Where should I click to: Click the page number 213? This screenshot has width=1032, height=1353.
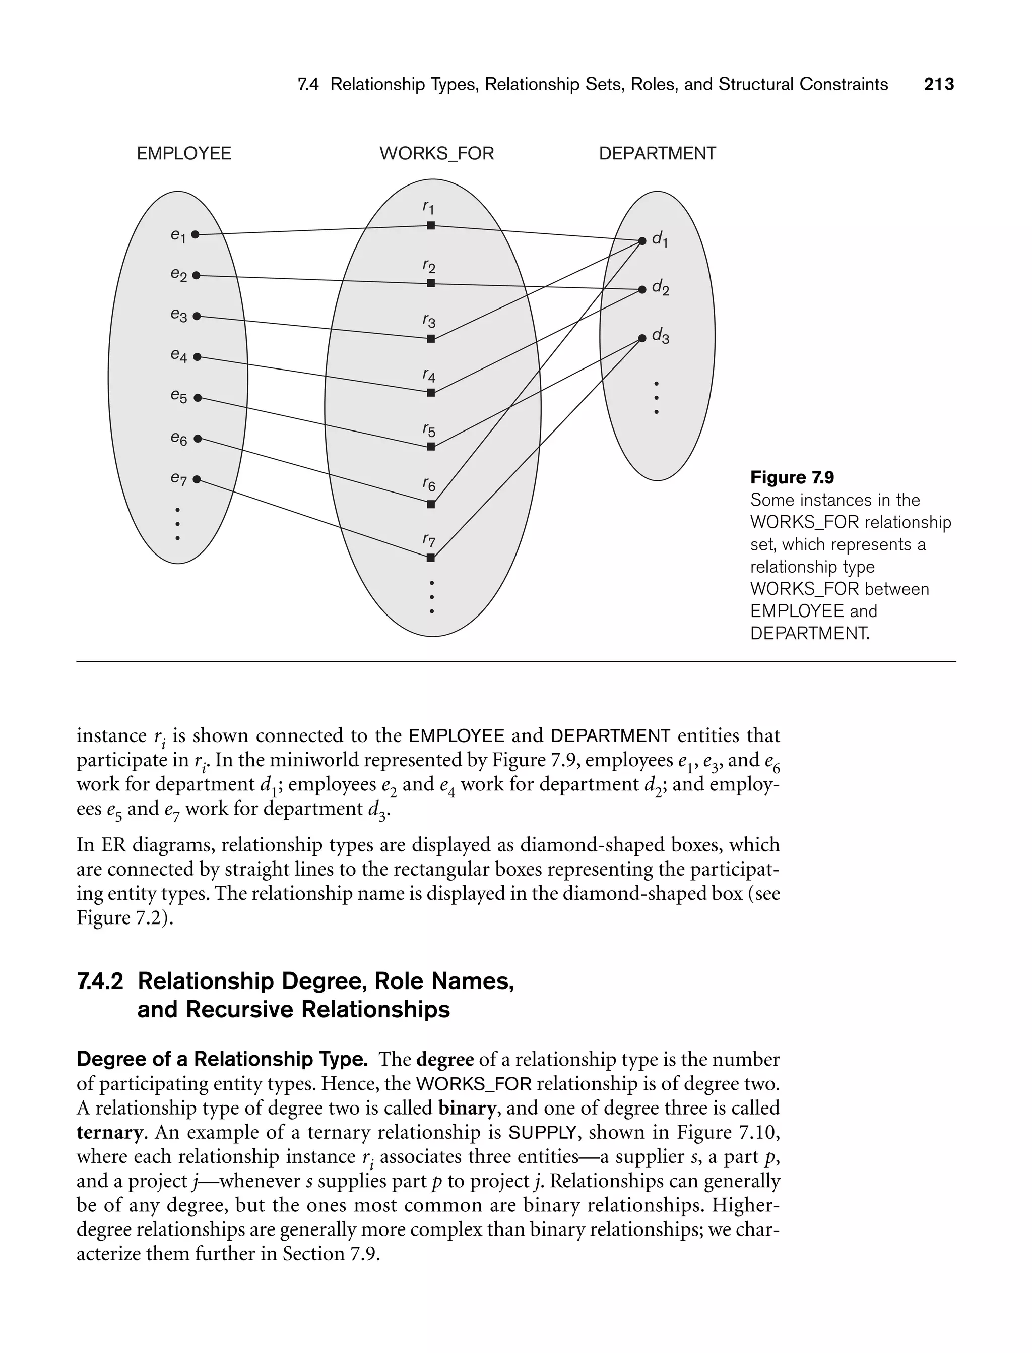939,84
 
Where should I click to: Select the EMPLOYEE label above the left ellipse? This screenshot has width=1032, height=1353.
183,154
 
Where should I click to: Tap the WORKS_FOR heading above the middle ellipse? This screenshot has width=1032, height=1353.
436,154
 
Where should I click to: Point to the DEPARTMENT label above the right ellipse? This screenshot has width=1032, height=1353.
657,154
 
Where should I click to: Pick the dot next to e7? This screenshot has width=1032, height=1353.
197,479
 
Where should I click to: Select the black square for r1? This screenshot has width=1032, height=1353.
431,225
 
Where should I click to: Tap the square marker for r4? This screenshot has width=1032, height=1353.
431,393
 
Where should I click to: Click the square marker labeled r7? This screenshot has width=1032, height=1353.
431,558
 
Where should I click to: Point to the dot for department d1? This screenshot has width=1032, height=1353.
642,241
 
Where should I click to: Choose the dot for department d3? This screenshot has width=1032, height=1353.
642,338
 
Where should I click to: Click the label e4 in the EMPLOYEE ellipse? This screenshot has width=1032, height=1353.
178,355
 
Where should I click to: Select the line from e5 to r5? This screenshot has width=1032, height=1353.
313,422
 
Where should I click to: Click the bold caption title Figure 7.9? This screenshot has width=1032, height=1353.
792,477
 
